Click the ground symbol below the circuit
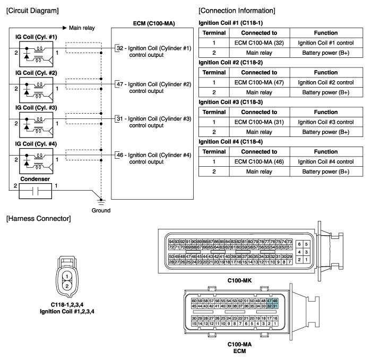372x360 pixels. click(x=101, y=202)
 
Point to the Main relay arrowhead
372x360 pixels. click(x=65, y=28)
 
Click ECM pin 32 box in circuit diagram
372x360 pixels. click(x=117, y=48)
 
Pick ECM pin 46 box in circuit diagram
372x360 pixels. click(x=117, y=155)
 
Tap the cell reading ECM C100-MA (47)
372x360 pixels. click(x=259, y=82)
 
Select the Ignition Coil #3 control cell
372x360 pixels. click(x=326, y=122)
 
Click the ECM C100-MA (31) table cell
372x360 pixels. click(x=259, y=122)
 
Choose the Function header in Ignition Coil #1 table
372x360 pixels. click(x=326, y=33)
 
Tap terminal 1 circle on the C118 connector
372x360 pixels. click(x=67, y=276)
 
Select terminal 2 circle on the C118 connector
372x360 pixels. click(x=67, y=286)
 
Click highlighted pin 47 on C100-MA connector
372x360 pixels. click(x=269, y=301)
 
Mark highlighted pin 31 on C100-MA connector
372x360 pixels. click(x=275, y=306)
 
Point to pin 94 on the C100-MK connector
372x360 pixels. click(x=171, y=242)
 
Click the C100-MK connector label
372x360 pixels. click(x=239, y=280)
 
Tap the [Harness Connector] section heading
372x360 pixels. click(x=38, y=219)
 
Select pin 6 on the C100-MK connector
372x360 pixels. click(x=299, y=244)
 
